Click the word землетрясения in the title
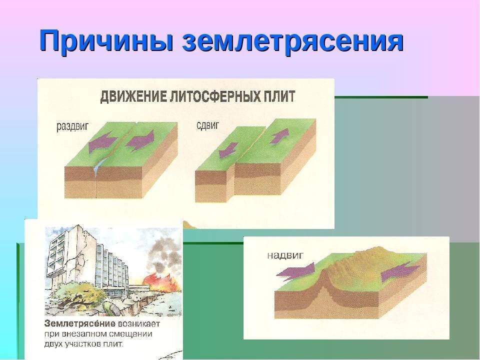coord(292,41)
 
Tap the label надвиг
coord(283,254)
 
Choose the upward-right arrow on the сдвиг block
coord(280,135)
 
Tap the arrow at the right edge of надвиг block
coord(400,272)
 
